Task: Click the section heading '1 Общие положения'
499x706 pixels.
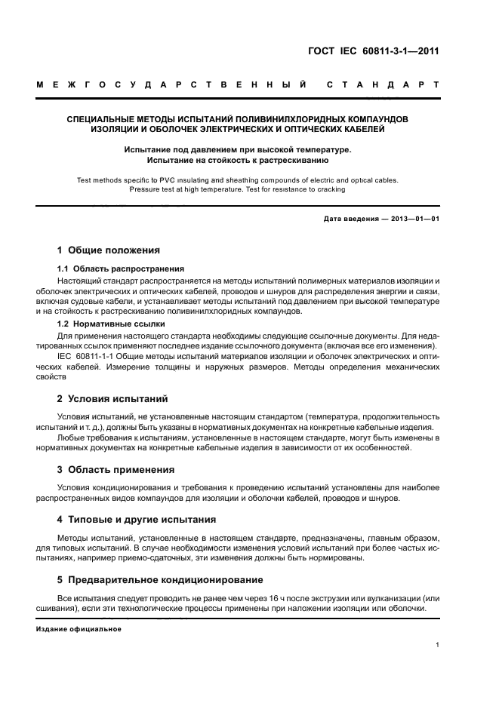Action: (109, 250)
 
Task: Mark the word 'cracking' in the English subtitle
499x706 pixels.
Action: (330, 189)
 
